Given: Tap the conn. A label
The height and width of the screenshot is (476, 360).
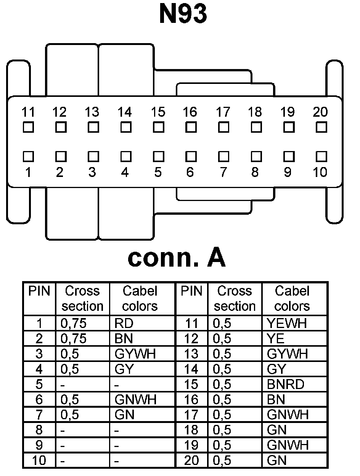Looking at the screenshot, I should click(x=176, y=258).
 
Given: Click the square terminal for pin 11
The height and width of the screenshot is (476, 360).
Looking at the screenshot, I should click(x=28, y=126).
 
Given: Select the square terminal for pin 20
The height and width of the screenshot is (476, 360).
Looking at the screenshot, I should click(x=321, y=126).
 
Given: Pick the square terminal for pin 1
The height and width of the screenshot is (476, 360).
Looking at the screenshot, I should click(x=28, y=156).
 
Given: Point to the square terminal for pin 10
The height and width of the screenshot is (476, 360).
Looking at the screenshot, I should click(x=321, y=156).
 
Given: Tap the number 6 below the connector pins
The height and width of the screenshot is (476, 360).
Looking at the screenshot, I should click(x=190, y=172).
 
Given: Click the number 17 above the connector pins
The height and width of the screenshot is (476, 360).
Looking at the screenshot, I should click(x=223, y=112).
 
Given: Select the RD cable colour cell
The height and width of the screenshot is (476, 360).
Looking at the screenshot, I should click(x=142, y=323).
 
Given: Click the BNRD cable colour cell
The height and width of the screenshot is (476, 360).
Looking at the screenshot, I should click(x=295, y=384).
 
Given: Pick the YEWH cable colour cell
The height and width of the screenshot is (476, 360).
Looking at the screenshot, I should click(x=295, y=323).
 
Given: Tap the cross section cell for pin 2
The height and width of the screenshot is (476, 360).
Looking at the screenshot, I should click(x=82, y=339).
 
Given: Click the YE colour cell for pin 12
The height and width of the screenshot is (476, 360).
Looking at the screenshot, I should click(x=295, y=339).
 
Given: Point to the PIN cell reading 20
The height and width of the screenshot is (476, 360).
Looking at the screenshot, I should click(x=191, y=460).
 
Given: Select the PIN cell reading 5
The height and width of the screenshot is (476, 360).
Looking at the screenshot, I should click(x=39, y=384).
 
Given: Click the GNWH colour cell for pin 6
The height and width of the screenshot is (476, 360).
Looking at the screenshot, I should click(x=142, y=399).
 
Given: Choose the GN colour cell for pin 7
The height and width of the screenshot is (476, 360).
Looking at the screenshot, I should click(x=142, y=415).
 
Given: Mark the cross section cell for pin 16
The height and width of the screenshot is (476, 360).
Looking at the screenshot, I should click(x=235, y=399).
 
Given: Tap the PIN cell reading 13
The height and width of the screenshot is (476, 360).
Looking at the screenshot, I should click(x=191, y=354).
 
